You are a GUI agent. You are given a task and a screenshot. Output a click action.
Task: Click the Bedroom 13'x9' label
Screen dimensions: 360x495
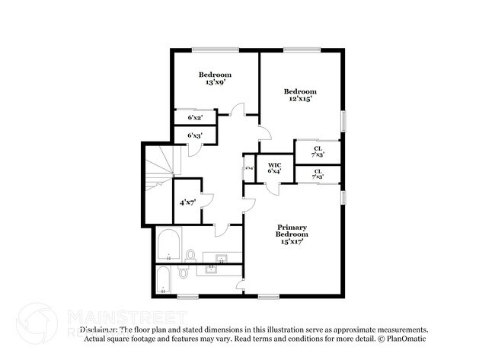(215, 78)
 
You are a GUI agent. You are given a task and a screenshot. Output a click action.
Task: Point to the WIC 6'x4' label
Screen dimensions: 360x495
(274, 167)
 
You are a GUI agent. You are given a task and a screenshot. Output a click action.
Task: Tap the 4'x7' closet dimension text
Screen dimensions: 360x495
(187, 202)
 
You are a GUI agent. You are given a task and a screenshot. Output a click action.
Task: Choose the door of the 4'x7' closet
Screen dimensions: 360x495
(206, 199)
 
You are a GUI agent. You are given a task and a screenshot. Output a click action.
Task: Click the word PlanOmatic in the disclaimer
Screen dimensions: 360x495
(405, 339)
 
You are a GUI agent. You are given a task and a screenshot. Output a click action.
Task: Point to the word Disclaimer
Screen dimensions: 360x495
(97, 330)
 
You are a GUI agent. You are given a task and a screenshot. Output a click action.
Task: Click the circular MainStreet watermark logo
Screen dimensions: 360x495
(36, 322)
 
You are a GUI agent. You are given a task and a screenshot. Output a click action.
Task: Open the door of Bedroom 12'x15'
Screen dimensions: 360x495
(263, 134)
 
